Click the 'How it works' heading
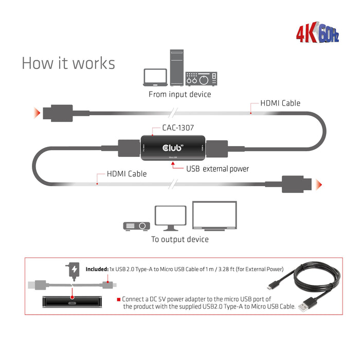point(68,63)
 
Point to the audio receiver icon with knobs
point(201,78)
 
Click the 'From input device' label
point(179,95)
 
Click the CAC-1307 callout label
point(178,127)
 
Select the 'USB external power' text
point(217,169)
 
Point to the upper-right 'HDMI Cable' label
point(280,103)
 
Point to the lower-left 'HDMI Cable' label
point(126,174)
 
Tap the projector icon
point(136,226)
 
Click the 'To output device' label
point(179,239)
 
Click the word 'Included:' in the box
point(97,269)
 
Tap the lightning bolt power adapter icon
point(74,269)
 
